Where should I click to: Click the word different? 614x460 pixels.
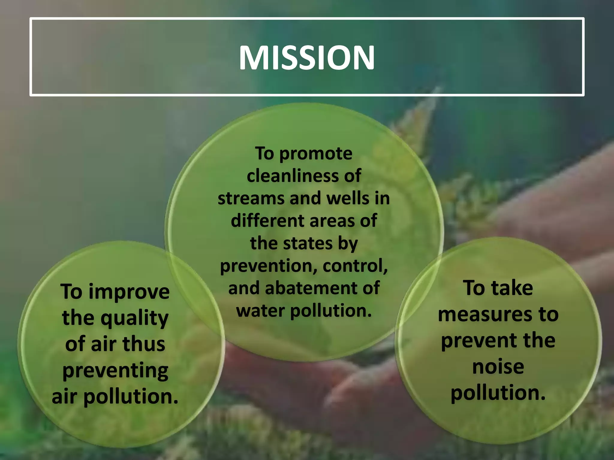[x=267, y=221]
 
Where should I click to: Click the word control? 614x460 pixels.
[x=355, y=266]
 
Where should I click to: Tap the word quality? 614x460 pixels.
[x=134, y=319]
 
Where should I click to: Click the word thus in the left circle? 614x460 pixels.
[x=144, y=344]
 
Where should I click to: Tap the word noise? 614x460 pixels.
[x=498, y=367]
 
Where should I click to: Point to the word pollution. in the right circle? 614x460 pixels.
[x=498, y=393]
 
